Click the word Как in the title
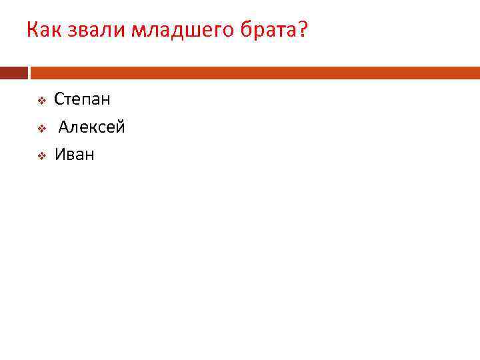43,30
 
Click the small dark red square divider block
14,73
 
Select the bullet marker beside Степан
41,101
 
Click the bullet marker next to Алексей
41,128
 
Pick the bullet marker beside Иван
41,156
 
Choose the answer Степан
82,100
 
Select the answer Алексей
91,127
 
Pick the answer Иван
74,155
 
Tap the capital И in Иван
59,155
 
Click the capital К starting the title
32,30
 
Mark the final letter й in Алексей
120,127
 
